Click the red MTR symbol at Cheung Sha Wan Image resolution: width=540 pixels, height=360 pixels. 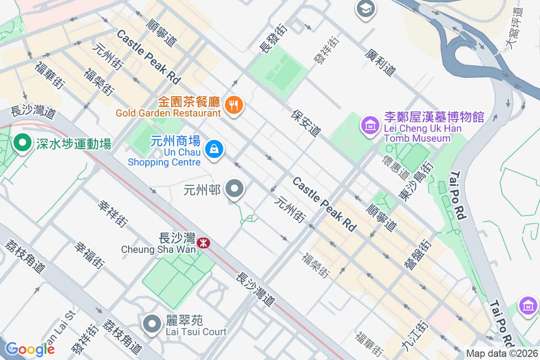click(203, 243)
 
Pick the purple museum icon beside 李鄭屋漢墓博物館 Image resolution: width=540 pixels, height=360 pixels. click(370, 124)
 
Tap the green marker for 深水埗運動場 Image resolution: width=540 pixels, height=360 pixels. click(21, 144)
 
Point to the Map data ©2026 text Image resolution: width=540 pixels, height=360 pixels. click(502, 354)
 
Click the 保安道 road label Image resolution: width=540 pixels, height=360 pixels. click(306, 123)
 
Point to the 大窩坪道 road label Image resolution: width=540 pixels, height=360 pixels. click(513, 28)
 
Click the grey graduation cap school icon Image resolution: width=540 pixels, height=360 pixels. click(366, 9)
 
